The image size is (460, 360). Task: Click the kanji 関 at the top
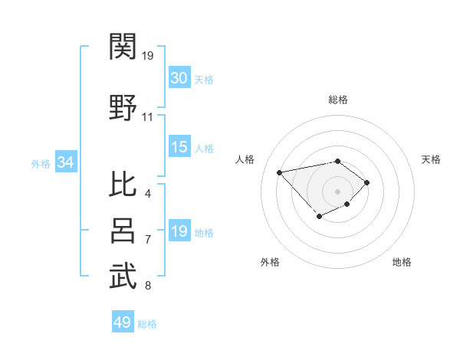(123, 47)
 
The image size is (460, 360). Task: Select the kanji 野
(123, 108)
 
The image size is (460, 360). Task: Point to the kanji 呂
(123, 230)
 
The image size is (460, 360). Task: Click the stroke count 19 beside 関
(148, 56)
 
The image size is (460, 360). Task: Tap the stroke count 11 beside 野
(148, 117)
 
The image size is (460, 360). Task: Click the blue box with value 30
(179, 78)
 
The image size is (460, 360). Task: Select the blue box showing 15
(179, 147)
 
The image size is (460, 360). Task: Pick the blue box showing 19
(179, 231)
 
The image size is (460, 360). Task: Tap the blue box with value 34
(65, 162)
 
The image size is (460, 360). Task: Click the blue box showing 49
(123, 322)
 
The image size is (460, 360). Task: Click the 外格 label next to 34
(40, 164)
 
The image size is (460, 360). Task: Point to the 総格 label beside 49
(147, 324)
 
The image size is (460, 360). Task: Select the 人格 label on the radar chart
(245, 159)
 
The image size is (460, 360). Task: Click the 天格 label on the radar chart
(432, 159)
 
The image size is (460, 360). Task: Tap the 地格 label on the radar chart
(402, 262)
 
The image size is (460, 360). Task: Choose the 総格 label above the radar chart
(338, 100)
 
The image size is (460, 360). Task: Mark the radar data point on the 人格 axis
(280, 172)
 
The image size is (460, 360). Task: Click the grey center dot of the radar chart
(338, 191)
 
